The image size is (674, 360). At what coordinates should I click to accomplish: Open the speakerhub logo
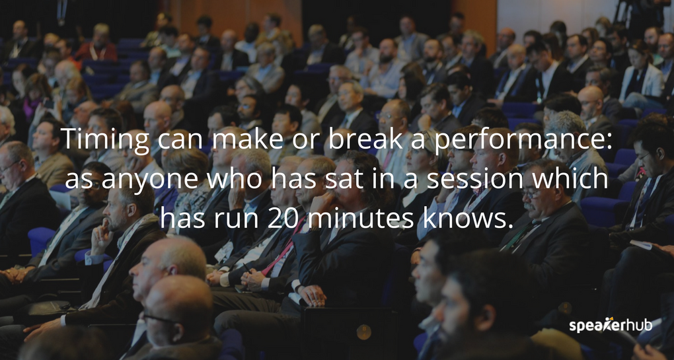(611, 326)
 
